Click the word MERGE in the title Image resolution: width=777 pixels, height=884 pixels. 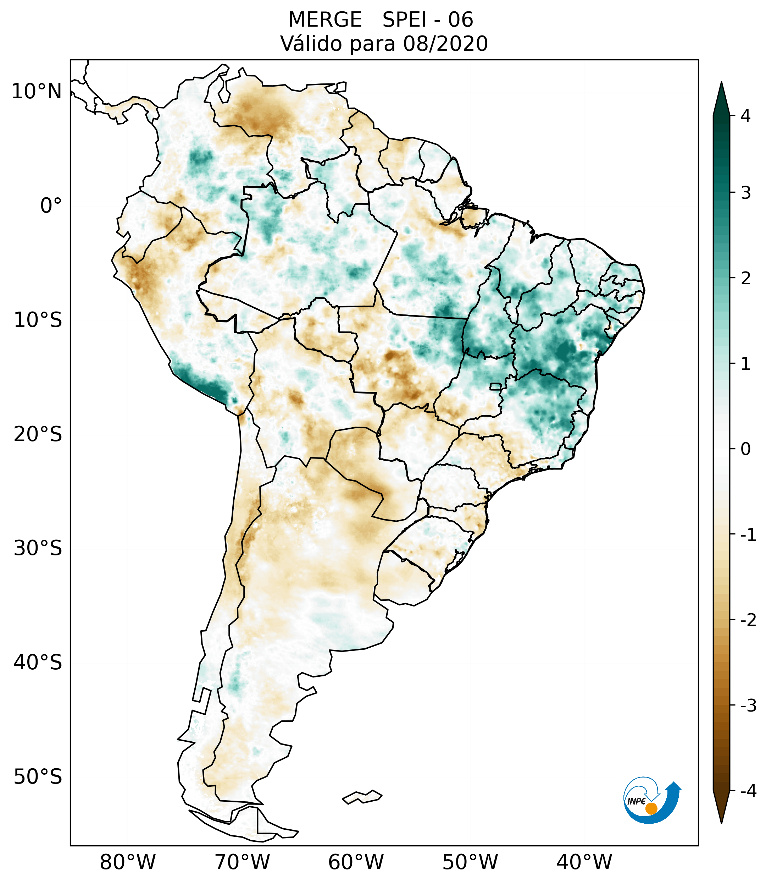tap(324, 20)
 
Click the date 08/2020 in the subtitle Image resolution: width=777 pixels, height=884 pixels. tap(445, 44)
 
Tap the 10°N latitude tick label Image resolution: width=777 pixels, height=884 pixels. tap(37, 92)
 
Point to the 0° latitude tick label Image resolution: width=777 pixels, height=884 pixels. tap(51, 206)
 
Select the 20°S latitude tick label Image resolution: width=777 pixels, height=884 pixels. tap(38, 434)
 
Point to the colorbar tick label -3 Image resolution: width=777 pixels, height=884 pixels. tap(748, 706)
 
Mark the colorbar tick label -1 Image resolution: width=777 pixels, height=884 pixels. tap(748, 535)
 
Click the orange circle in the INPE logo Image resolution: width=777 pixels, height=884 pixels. tap(651, 809)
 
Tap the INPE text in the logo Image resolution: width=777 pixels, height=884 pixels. tap(637, 801)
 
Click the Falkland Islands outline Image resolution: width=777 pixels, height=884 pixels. tap(362, 797)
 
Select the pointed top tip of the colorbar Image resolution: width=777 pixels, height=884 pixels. tap(721, 83)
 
